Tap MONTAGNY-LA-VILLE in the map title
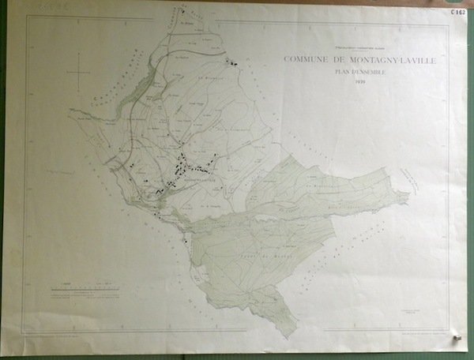(368, 60)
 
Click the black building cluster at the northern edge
(232, 62)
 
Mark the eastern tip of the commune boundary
(408, 194)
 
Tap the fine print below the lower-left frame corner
(55, 336)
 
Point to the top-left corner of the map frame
(27, 17)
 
